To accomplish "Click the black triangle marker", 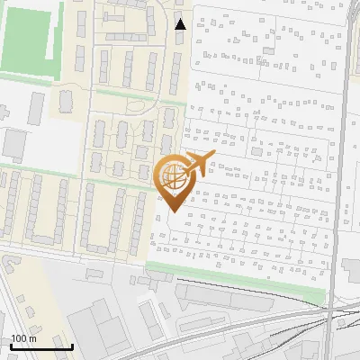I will coord(181,24).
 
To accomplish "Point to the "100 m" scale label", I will coord(23,338).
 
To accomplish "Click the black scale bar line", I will coord(41,346).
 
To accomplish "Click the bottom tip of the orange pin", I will coord(174,211).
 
